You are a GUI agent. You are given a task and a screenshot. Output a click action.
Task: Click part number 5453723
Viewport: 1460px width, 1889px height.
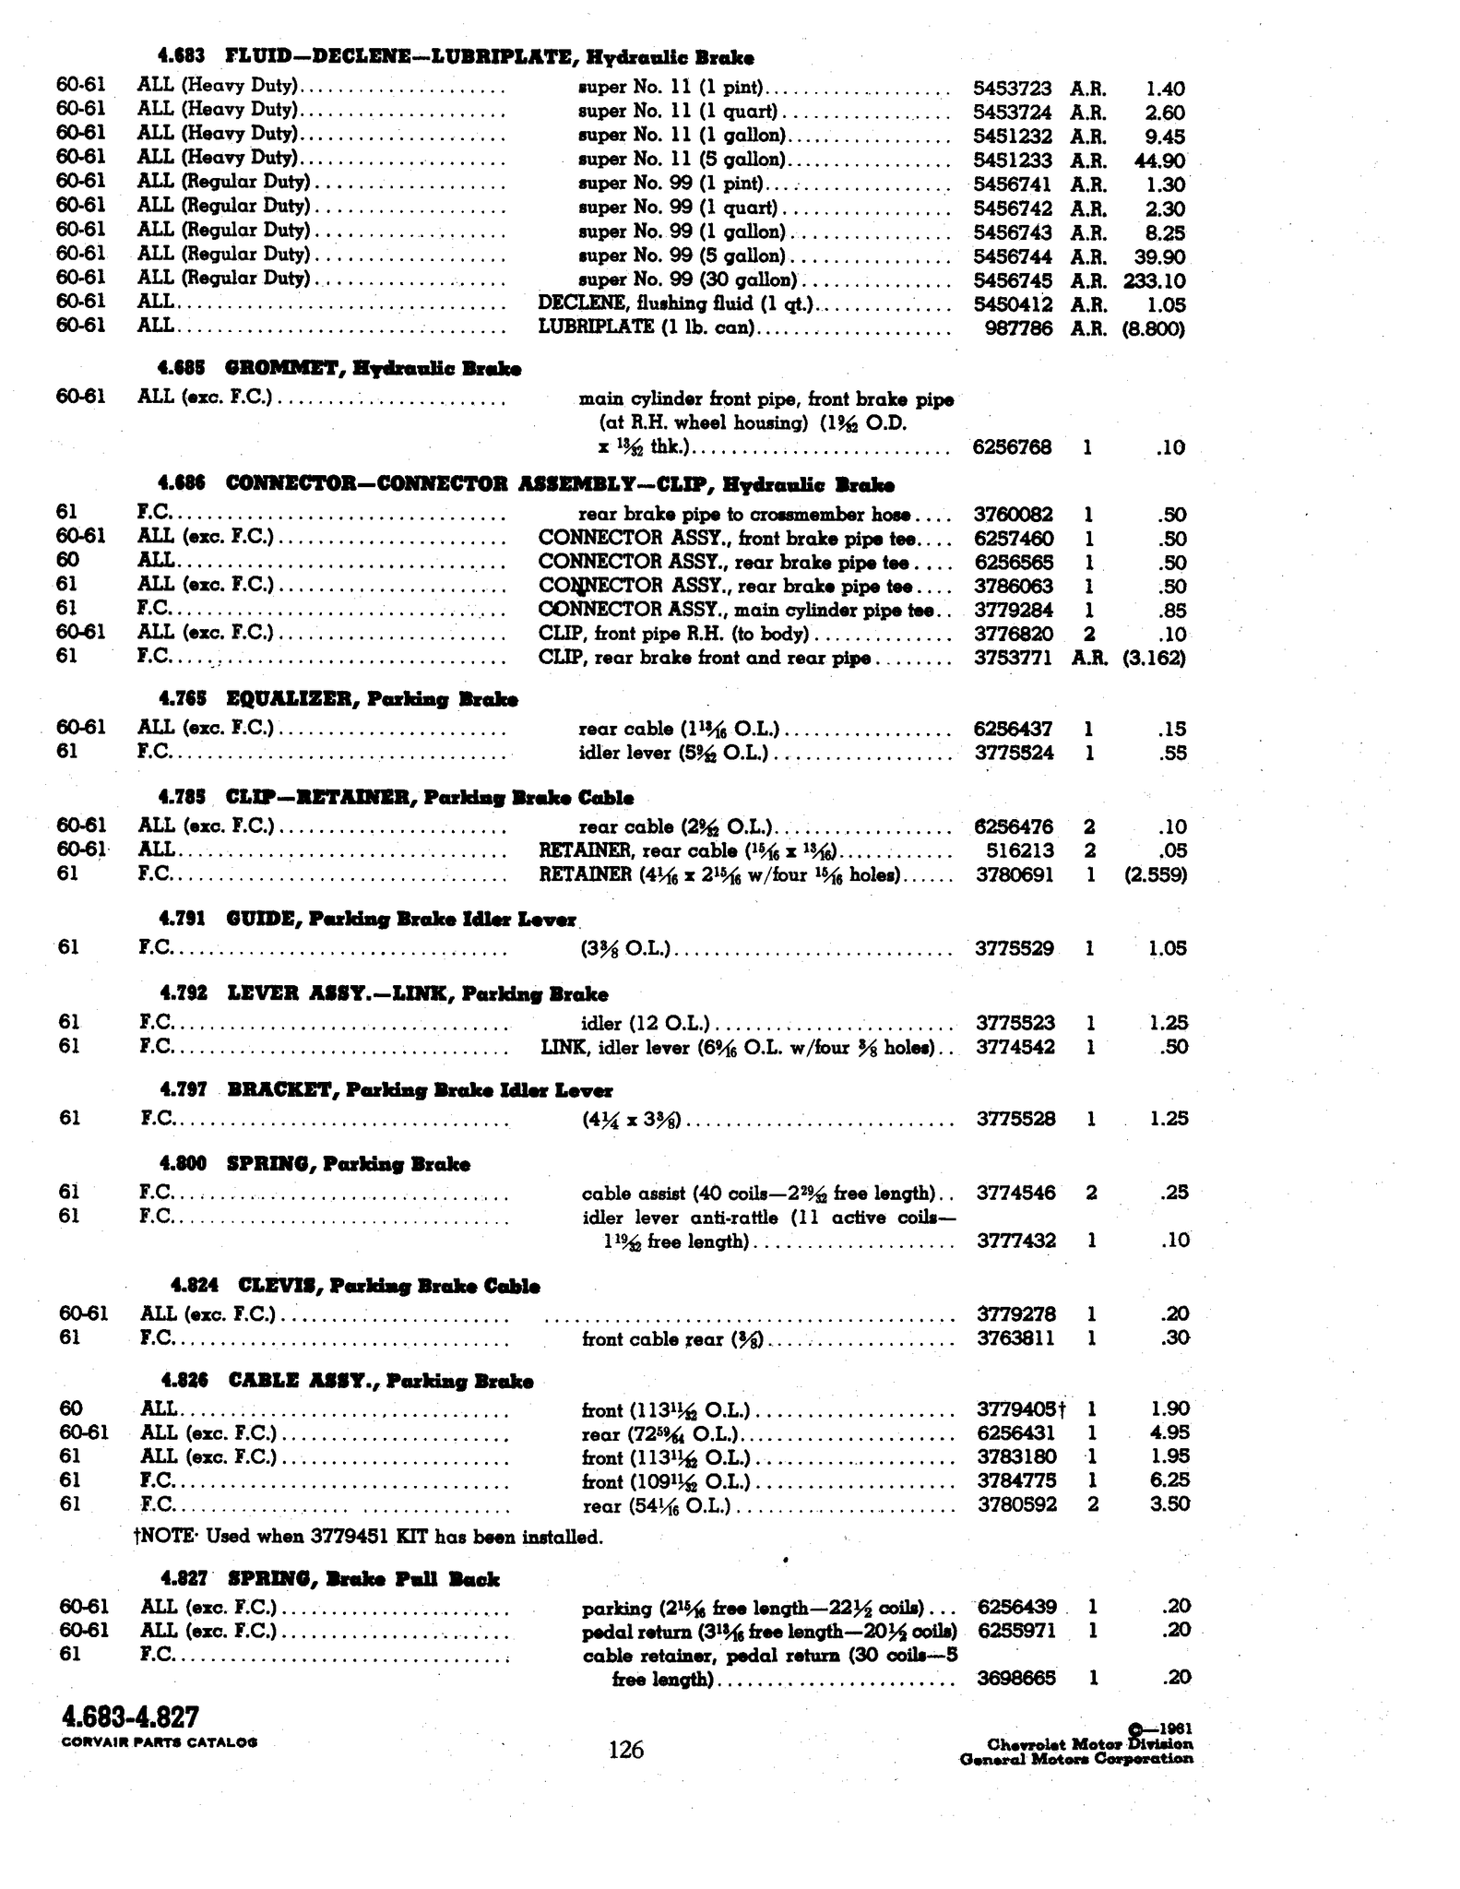1012,89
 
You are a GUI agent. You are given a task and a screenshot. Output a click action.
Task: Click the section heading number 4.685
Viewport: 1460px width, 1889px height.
181,369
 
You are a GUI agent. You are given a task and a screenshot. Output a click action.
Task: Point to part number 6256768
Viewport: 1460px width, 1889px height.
1012,447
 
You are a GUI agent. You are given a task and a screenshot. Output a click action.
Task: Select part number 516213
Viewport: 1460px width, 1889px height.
1021,849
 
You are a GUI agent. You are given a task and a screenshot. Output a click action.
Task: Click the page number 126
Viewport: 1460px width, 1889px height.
626,1749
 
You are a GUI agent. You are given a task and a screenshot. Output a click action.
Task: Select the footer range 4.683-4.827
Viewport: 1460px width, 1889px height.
130,1717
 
